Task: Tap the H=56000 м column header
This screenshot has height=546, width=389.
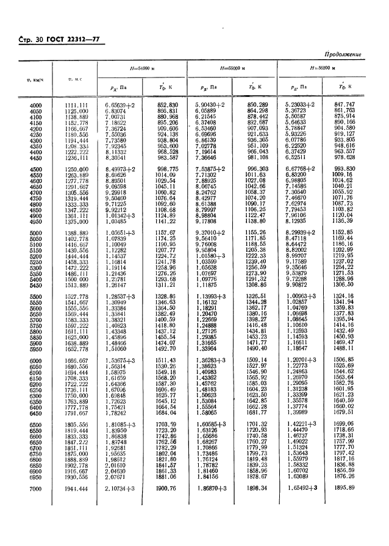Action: (x=324, y=68)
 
